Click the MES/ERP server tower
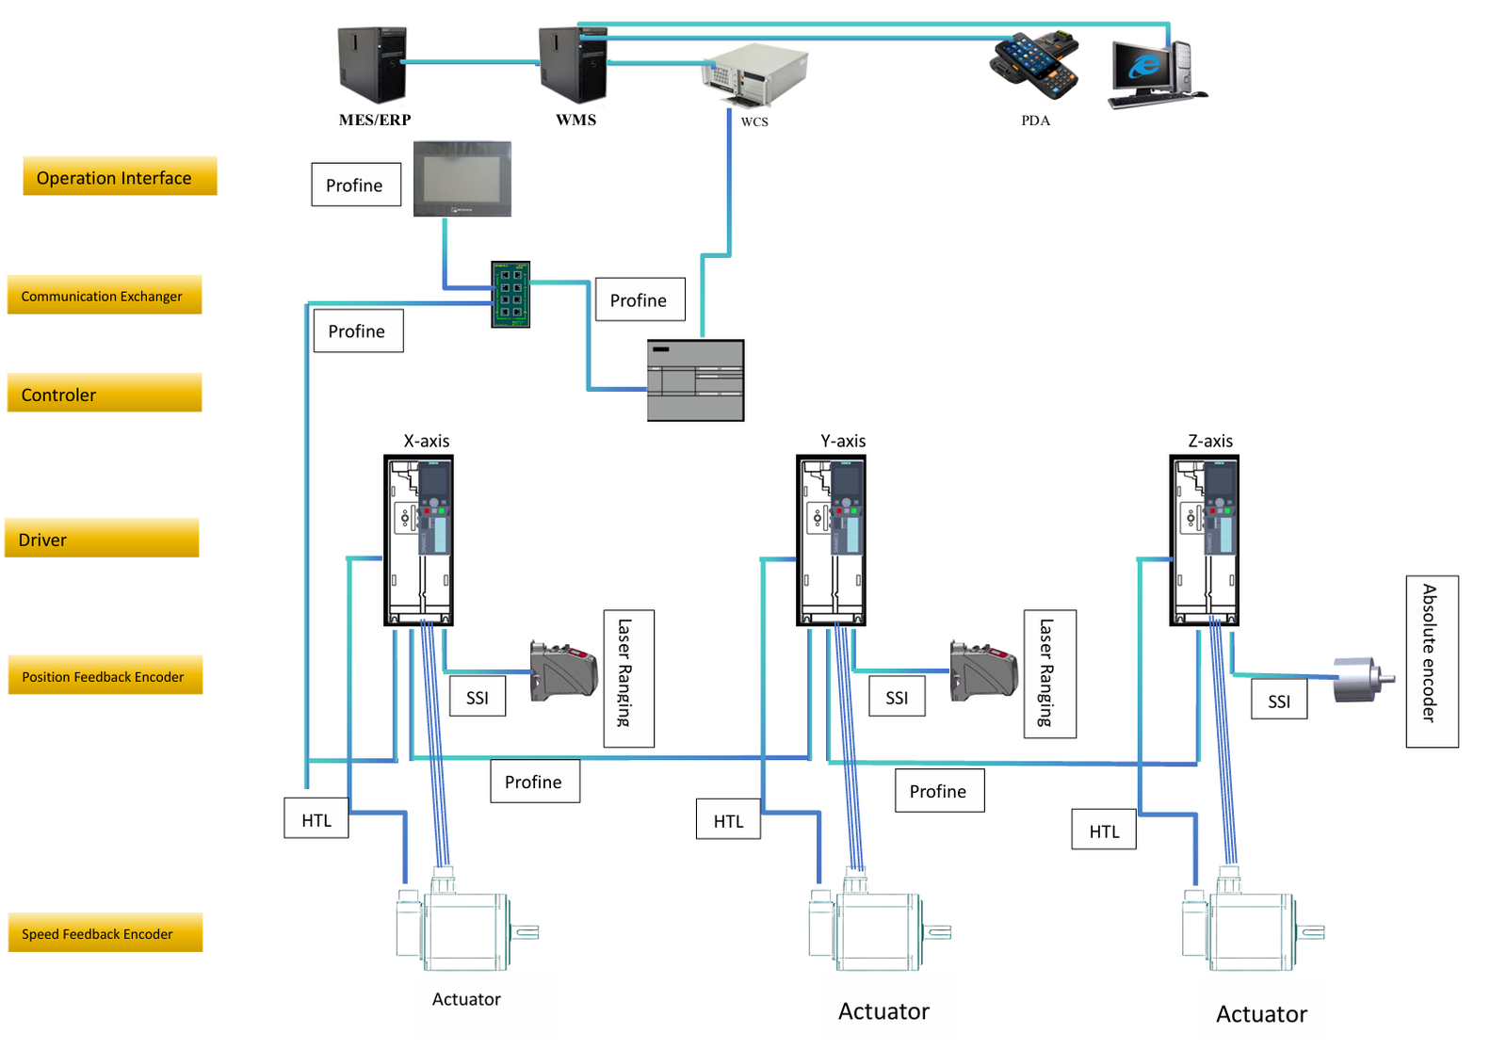pos(372,64)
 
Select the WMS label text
pos(575,120)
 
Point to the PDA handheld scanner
pos(1034,64)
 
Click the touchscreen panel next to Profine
pos(462,179)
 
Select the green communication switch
pos(510,295)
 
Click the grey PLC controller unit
pos(695,380)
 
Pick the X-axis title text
pos(426,441)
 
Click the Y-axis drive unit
pos(831,541)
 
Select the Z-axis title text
pos(1210,441)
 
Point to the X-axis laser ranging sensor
pos(563,670)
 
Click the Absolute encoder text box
pos(1432,662)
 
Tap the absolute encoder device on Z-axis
pos(1362,680)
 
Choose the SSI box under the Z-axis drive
pos(1279,702)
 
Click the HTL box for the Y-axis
pos(728,820)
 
